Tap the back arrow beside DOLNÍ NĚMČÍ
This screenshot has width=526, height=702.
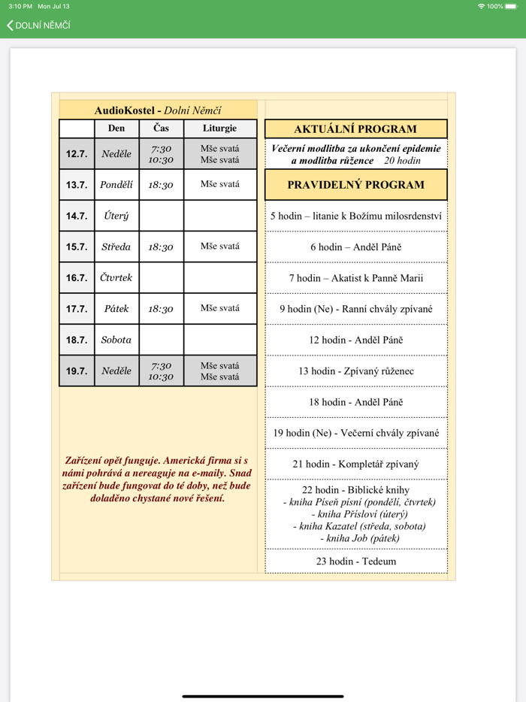[10, 26]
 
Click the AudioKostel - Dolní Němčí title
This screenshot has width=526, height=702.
[158, 110]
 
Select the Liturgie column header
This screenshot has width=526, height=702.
[219, 129]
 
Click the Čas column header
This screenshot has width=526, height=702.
[161, 129]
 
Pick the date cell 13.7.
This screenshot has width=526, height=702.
[77, 185]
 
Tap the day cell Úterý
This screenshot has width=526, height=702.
[116, 216]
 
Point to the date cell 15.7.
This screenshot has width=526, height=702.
[77, 247]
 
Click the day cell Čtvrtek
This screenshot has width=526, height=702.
[116, 278]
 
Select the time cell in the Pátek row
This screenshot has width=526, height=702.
[161, 309]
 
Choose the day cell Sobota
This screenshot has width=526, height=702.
[116, 340]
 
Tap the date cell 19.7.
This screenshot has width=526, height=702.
[77, 371]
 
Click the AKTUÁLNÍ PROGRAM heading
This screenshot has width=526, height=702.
[355, 129]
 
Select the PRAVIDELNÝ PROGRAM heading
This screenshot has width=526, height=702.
[355, 185]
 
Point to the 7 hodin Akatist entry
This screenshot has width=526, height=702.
[356, 278]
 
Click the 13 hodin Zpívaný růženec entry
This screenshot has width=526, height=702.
[356, 371]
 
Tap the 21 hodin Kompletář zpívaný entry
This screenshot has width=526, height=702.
[356, 464]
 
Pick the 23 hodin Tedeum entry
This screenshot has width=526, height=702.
[356, 561]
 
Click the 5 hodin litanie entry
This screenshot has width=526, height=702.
[356, 216]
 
